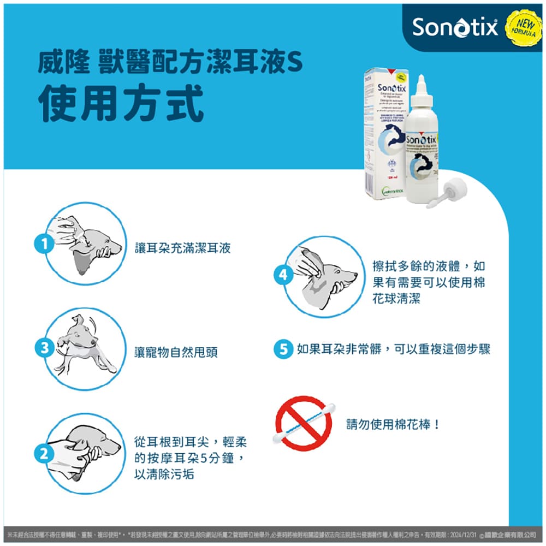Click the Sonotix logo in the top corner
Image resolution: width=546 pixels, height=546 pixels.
pos(454,27)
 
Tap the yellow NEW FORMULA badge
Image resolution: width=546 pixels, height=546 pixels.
pos(524,26)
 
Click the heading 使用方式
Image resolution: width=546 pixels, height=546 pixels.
pos(121,103)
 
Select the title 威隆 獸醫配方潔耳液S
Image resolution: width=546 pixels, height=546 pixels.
pos(169,64)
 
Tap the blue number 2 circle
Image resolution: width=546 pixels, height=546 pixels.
pos(44,453)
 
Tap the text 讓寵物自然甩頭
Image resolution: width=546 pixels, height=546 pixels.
pos(176,352)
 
